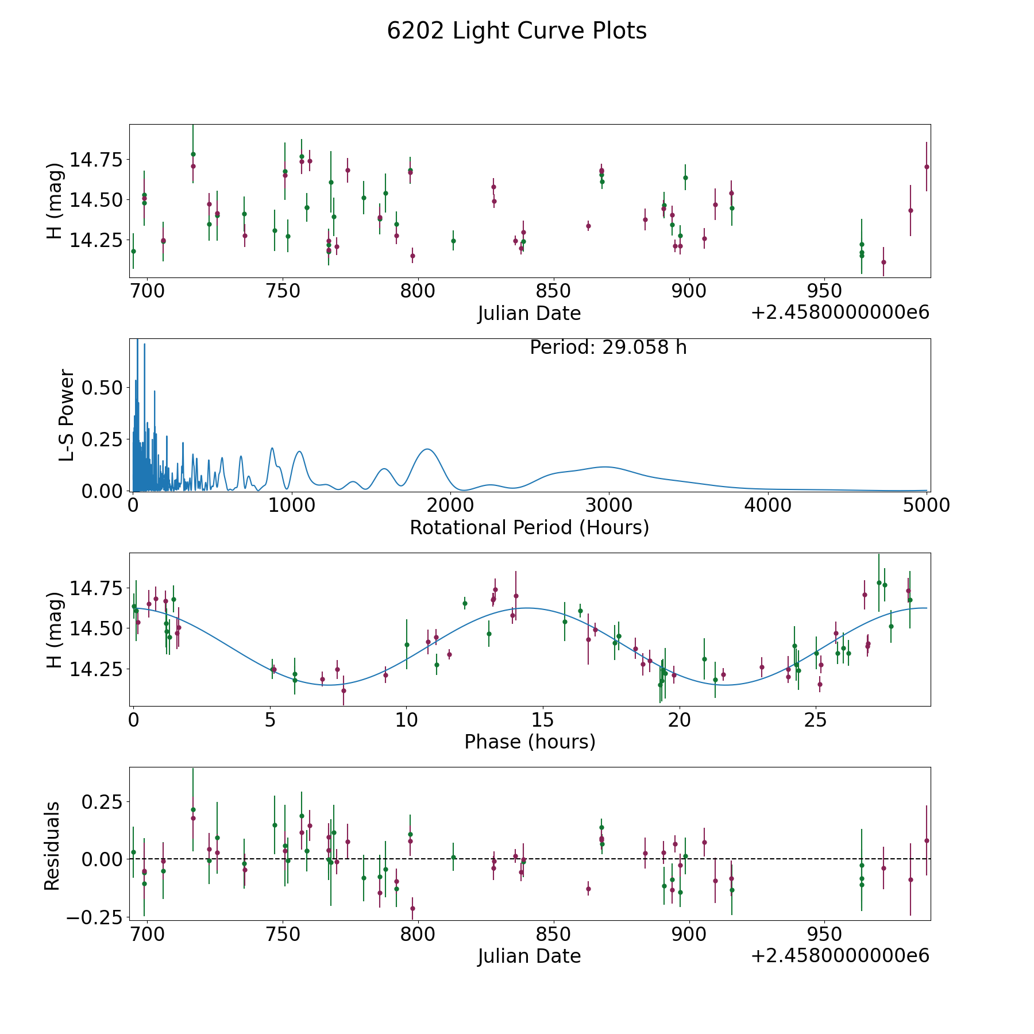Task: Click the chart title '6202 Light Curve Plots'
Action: [516, 31]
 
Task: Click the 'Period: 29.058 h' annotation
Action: [608, 348]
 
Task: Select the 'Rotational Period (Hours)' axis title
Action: [529, 527]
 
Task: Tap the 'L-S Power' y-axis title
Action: [67, 415]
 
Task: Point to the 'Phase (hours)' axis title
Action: [529, 742]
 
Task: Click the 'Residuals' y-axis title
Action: [52, 846]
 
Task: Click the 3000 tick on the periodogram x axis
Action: [608, 506]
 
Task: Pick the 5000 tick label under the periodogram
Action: [925, 506]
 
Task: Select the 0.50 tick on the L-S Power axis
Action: [102, 388]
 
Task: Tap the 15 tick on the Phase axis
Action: [543, 720]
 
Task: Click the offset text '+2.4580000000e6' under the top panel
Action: [840, 312]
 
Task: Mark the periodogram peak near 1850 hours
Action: [427, 449]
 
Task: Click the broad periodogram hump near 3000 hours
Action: [604, 467]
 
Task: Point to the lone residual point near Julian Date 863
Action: [588, 889]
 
